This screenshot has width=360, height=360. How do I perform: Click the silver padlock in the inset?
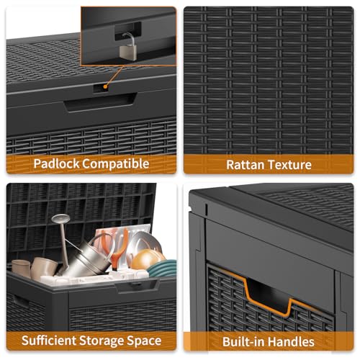128,45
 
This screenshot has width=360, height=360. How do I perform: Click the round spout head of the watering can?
60,218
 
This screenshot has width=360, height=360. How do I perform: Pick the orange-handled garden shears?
115,241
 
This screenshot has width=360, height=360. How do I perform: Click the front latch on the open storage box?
134,286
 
